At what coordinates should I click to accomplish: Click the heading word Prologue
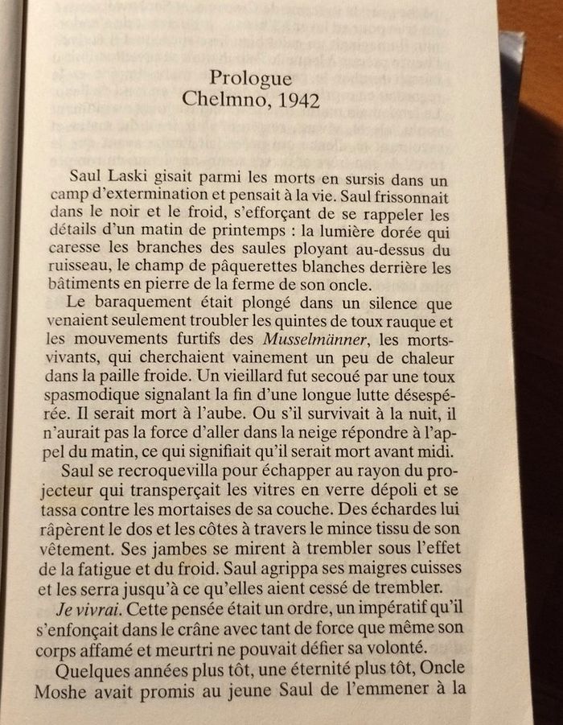click(250, 79)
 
